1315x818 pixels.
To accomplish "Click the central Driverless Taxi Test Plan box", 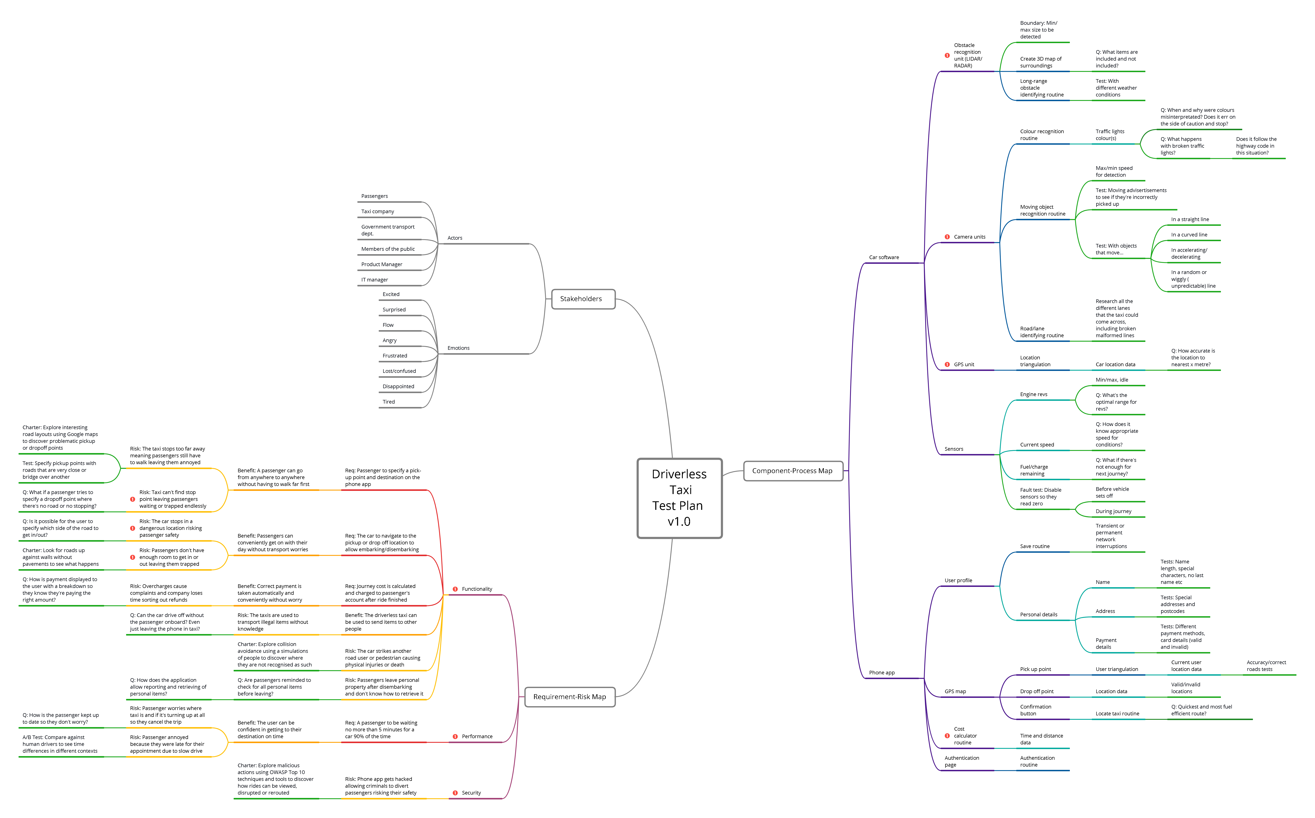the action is [x=679, y=498].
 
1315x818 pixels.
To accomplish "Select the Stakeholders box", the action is [x=583, y=299].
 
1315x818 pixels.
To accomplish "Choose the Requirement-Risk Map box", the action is [x=570, y=697].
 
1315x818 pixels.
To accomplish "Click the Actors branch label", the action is [x=455, y=238].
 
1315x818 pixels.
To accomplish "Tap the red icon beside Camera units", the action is [x=947, y=237].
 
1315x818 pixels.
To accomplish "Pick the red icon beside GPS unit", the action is [x=947, y=365].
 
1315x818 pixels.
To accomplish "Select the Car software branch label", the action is [x=884, y=258].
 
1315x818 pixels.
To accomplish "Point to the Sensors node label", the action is [x=954, y=449].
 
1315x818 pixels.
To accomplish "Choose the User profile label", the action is [x=958, y=580].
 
